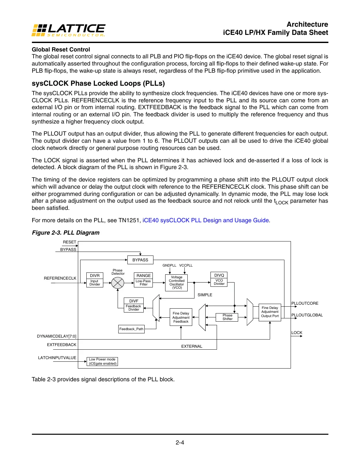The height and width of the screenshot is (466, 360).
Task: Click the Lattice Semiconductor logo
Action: click(x=68, y=30)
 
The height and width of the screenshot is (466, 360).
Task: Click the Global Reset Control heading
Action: click(x=61, y=50)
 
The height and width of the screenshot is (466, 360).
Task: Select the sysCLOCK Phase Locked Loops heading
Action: click(x=98, y=83)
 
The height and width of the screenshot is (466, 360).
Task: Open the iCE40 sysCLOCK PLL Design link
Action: click(x=206, y=220)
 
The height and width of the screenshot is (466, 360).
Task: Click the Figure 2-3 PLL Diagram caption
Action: click(x=65, y=233)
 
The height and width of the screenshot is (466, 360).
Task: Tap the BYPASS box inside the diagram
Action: click(x=140, y=260)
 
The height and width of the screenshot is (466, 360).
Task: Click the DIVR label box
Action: click(x=95, y=276)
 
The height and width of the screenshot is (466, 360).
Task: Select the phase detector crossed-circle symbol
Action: click(x=118, y=283)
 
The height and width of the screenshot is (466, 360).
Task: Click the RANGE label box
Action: click(x=144, y=276)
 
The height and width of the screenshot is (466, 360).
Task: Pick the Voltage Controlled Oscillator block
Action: click(x=177, y=283)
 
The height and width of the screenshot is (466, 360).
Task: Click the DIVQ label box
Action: click(x=219, y=275)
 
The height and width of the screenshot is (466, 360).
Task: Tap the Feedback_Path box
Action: click(x=131, y=329)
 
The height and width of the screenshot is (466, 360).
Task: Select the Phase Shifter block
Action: click(x=227, y=317)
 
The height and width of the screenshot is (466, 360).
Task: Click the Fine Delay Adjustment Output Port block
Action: click(x=270, y=312)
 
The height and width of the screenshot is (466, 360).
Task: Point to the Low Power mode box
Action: click(x=102, y=362)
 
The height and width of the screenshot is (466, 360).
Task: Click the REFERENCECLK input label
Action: click(x=60, y=278)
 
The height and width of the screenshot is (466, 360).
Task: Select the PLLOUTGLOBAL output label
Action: click(x=307, y=315)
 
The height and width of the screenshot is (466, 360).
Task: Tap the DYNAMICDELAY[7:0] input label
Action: click(x=57, y=336)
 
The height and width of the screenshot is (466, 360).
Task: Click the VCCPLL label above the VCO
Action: click(x=186, y=266)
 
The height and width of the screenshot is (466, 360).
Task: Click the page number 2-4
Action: click(x=180, y=443)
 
